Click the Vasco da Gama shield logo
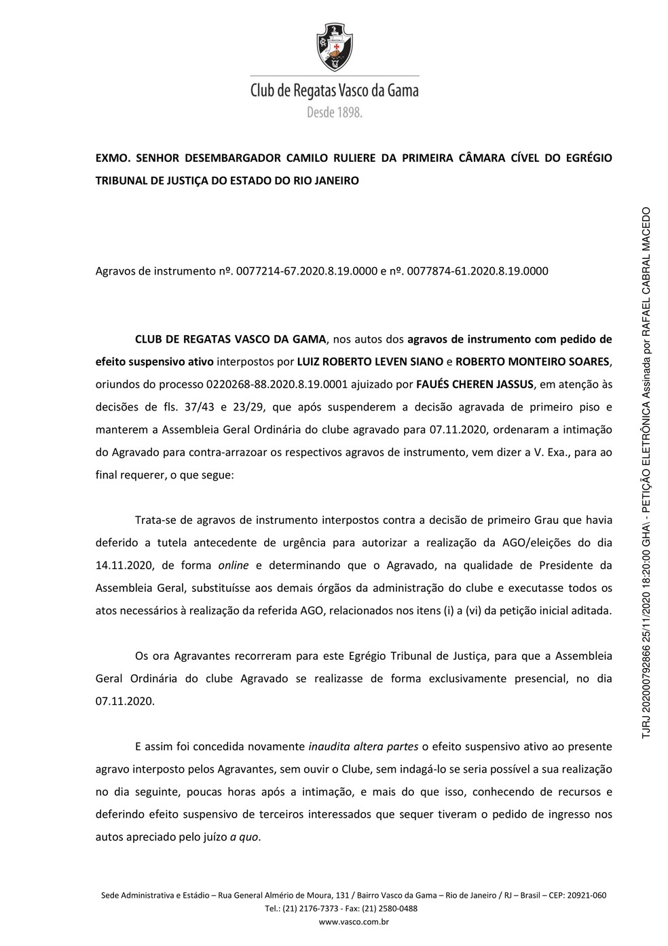tap(333, 48)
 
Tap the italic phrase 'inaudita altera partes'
tap(363, 746)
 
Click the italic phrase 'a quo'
tap(244, 837)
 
